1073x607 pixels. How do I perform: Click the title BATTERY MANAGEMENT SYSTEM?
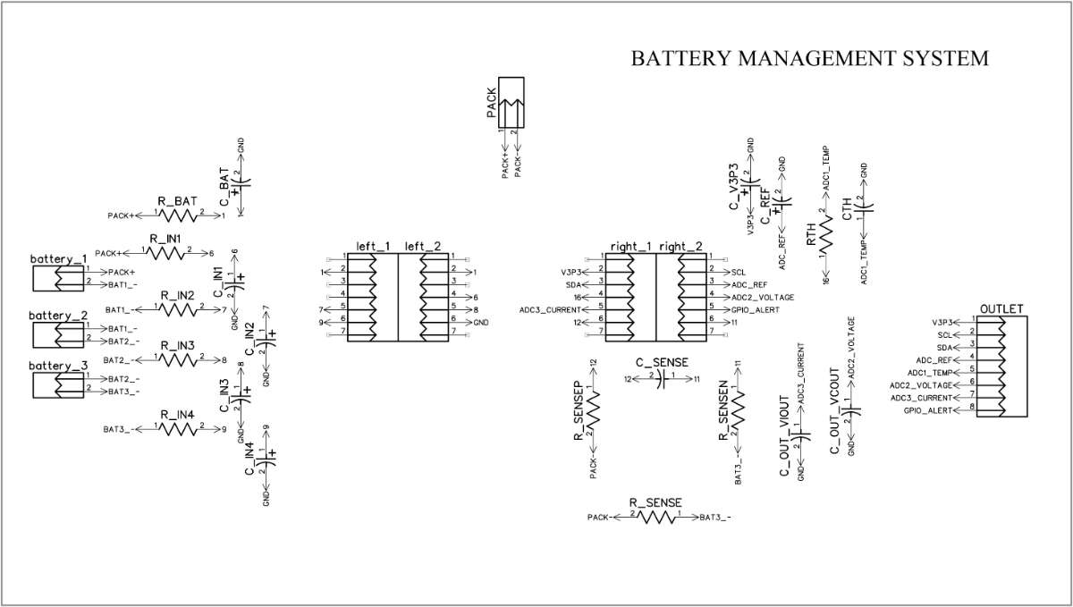[x=809, y=58]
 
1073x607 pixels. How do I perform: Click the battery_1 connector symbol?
[x=57, y=277]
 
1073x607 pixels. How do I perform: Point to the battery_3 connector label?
[x=58, y=366]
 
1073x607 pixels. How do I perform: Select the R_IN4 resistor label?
[x=177, y=415]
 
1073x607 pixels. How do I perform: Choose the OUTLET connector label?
[x=1001, y=309]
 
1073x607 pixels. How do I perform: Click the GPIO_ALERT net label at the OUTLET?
[x=929, y=409]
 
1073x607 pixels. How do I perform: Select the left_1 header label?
[x=373, y=246]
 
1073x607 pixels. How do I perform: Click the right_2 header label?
[x=680, y=246]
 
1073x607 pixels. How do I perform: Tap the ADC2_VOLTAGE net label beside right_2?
[x=762, y=297]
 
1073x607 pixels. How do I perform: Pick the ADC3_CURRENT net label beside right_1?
[x=550, y=309]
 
